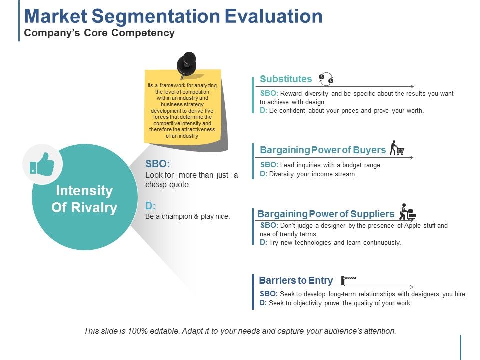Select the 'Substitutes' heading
tap(286, 79)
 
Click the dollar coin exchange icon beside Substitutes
tap(326, 78)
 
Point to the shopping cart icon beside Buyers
tap(397, 148)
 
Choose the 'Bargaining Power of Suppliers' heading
tap(326, 214)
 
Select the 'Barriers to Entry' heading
tap(296, 280)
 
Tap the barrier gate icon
tap(348, 280)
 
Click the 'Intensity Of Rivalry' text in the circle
tap(84, 199)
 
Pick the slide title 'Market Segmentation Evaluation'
tap(173, 16)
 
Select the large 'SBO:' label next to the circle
tap(157, 163)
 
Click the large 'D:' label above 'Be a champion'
tap(150, 205)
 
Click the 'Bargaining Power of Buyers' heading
tap(323, 150)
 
